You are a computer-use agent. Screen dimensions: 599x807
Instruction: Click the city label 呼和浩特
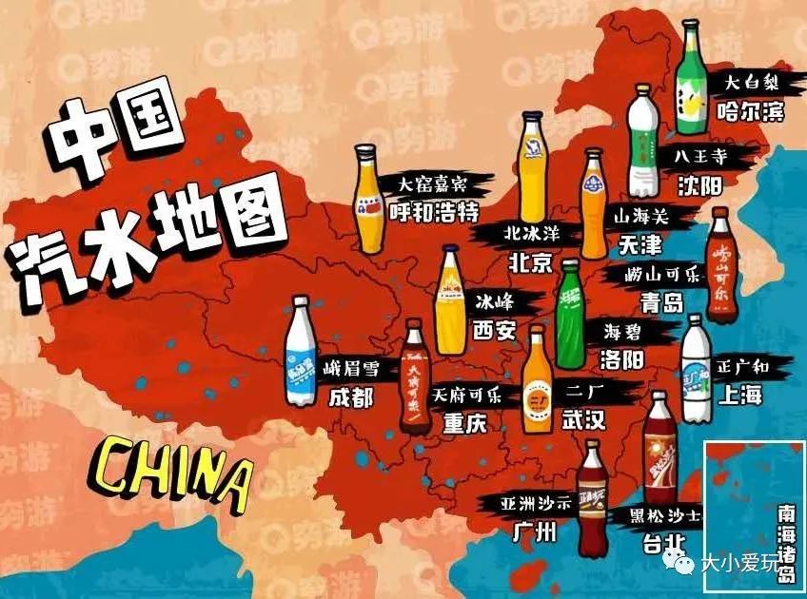[433, 210]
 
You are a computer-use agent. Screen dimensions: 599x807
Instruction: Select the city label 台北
[657, 542]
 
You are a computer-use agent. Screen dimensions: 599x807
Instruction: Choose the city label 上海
[741, 395]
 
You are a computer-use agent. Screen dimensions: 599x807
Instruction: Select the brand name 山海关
[641, 217]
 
